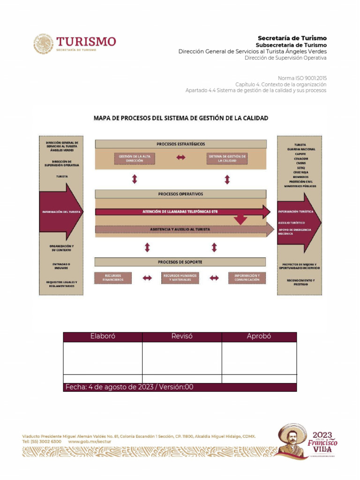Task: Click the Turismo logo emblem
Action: pos(43,44)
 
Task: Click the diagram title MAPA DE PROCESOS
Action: pos(181,118)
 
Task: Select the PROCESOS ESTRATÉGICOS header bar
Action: pos(181,144)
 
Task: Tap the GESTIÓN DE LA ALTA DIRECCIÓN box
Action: pos(131,158)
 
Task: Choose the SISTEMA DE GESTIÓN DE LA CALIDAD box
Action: pos(227,158)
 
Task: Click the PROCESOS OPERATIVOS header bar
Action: pos(181,194)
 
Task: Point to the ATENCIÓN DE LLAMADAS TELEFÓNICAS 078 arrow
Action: pos(181,212)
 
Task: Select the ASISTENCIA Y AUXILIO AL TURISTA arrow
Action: pos(180,230)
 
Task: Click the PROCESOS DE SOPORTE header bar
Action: pos(180,262)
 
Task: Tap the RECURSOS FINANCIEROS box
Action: pos(113,277)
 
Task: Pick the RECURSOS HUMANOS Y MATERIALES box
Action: pos(180,277)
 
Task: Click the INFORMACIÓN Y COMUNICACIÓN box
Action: pos(247,277)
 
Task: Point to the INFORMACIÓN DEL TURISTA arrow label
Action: pos(61,212)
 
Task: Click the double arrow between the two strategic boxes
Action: pos(181,158)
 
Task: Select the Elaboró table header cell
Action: pos(103,337)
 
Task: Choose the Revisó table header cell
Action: pos(182,337)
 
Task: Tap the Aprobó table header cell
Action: pos(259,337)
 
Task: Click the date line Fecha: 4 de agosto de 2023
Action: pos(129,387)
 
